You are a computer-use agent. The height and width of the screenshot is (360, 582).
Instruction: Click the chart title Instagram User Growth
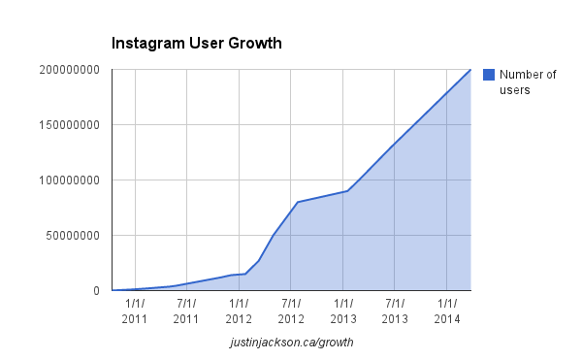click(196, 44)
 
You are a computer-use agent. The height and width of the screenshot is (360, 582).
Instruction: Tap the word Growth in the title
click(254, 44)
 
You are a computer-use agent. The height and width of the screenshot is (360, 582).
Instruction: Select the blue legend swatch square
click(489, 75)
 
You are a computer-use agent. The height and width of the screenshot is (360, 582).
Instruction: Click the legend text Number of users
click(528, 82)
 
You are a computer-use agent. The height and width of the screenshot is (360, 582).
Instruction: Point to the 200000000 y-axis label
click(68, 70)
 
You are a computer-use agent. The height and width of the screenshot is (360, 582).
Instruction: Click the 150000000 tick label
click(68, 125)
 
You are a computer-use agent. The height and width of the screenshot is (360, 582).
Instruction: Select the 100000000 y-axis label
click(68, 180)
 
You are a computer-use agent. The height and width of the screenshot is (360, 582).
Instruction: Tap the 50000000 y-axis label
click(72, 236)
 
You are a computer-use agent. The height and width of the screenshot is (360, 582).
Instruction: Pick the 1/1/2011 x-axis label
click(135, 311)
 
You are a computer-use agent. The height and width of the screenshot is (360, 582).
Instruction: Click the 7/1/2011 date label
click(186, 311)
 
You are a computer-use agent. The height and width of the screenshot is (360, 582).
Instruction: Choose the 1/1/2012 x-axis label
click(239, 311)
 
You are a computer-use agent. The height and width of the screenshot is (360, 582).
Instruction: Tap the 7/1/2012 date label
click(291, 311)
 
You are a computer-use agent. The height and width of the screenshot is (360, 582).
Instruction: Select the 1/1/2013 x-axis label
click(343, 311)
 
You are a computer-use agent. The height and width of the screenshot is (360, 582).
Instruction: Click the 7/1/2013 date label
click(395, 311)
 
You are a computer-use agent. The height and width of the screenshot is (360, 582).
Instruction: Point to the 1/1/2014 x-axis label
click(447, 311)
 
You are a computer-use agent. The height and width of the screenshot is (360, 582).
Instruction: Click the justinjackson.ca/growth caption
click(291, 343)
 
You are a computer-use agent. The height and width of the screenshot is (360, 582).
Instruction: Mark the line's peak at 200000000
click(470, 70)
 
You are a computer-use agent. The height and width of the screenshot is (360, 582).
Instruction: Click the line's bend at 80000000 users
click(297, 202)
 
